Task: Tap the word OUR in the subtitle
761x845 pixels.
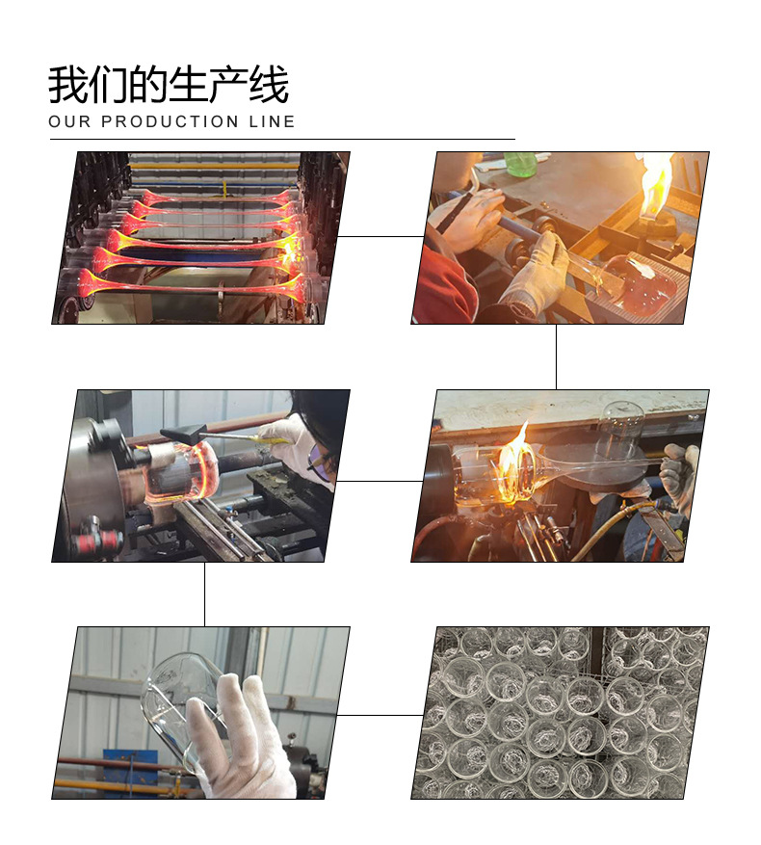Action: pos(68,121)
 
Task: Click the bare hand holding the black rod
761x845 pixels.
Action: pos(472,217)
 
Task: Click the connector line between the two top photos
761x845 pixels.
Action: pos(380,236)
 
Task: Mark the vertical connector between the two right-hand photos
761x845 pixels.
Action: pos(556,356)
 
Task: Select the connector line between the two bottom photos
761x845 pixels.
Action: pos(380,716)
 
